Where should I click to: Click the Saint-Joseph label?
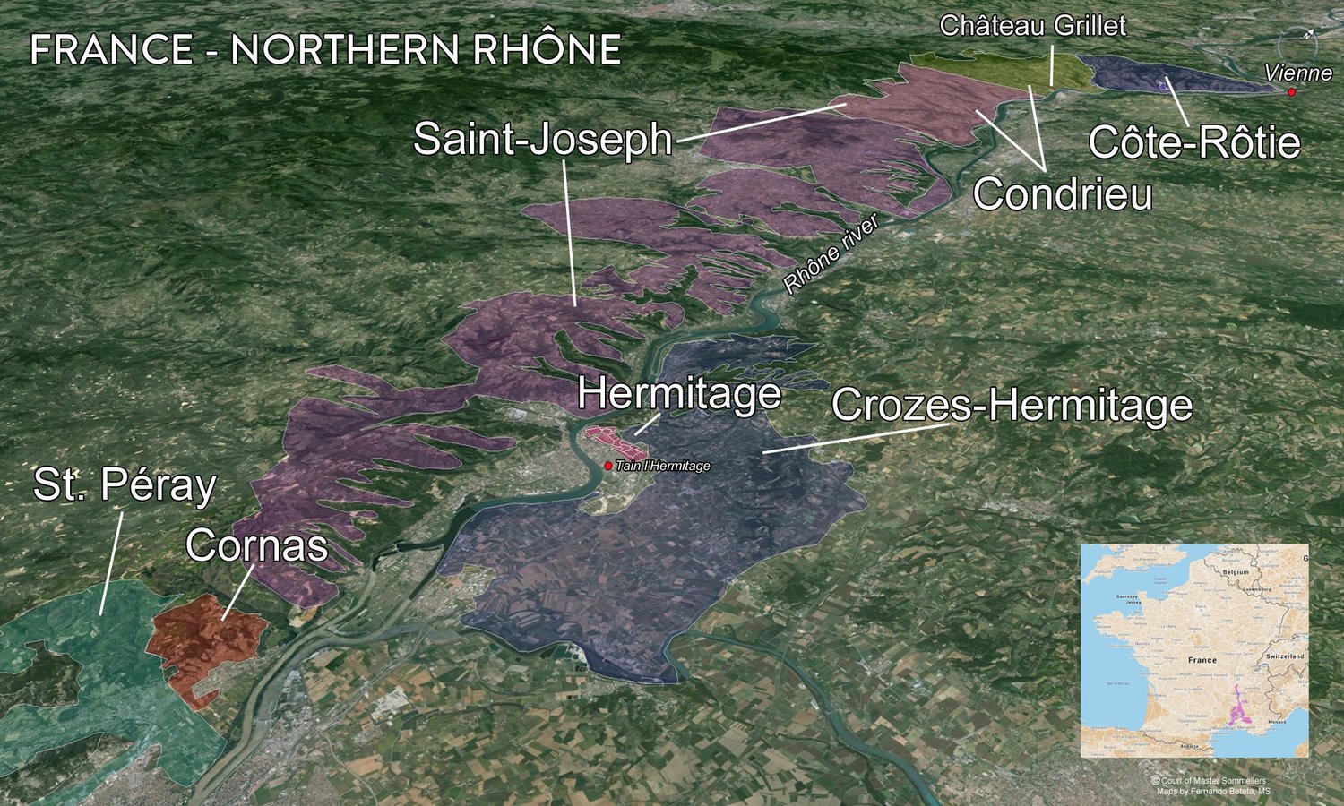(x=542, y=141)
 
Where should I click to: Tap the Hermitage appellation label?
(x=678, y=393)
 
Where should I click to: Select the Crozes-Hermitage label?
(x=1012, y=406)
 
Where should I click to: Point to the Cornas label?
(x=256, y=545)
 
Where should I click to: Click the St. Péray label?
(x=125, y=485)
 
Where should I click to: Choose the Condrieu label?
(x=1063, y=194)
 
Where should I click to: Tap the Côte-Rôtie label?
(x=1193, y=143)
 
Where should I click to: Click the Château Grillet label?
(x=1032, y=25)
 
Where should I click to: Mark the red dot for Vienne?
(x=1292, y=92)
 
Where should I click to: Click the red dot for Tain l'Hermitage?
(x=608, y=466)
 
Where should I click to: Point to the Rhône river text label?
(x=831, y=254)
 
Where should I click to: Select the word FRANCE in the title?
(x=111, y=50)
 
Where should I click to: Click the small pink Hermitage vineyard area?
(x=618, y=442)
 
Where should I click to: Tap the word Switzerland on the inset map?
(x=1285, y=656)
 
